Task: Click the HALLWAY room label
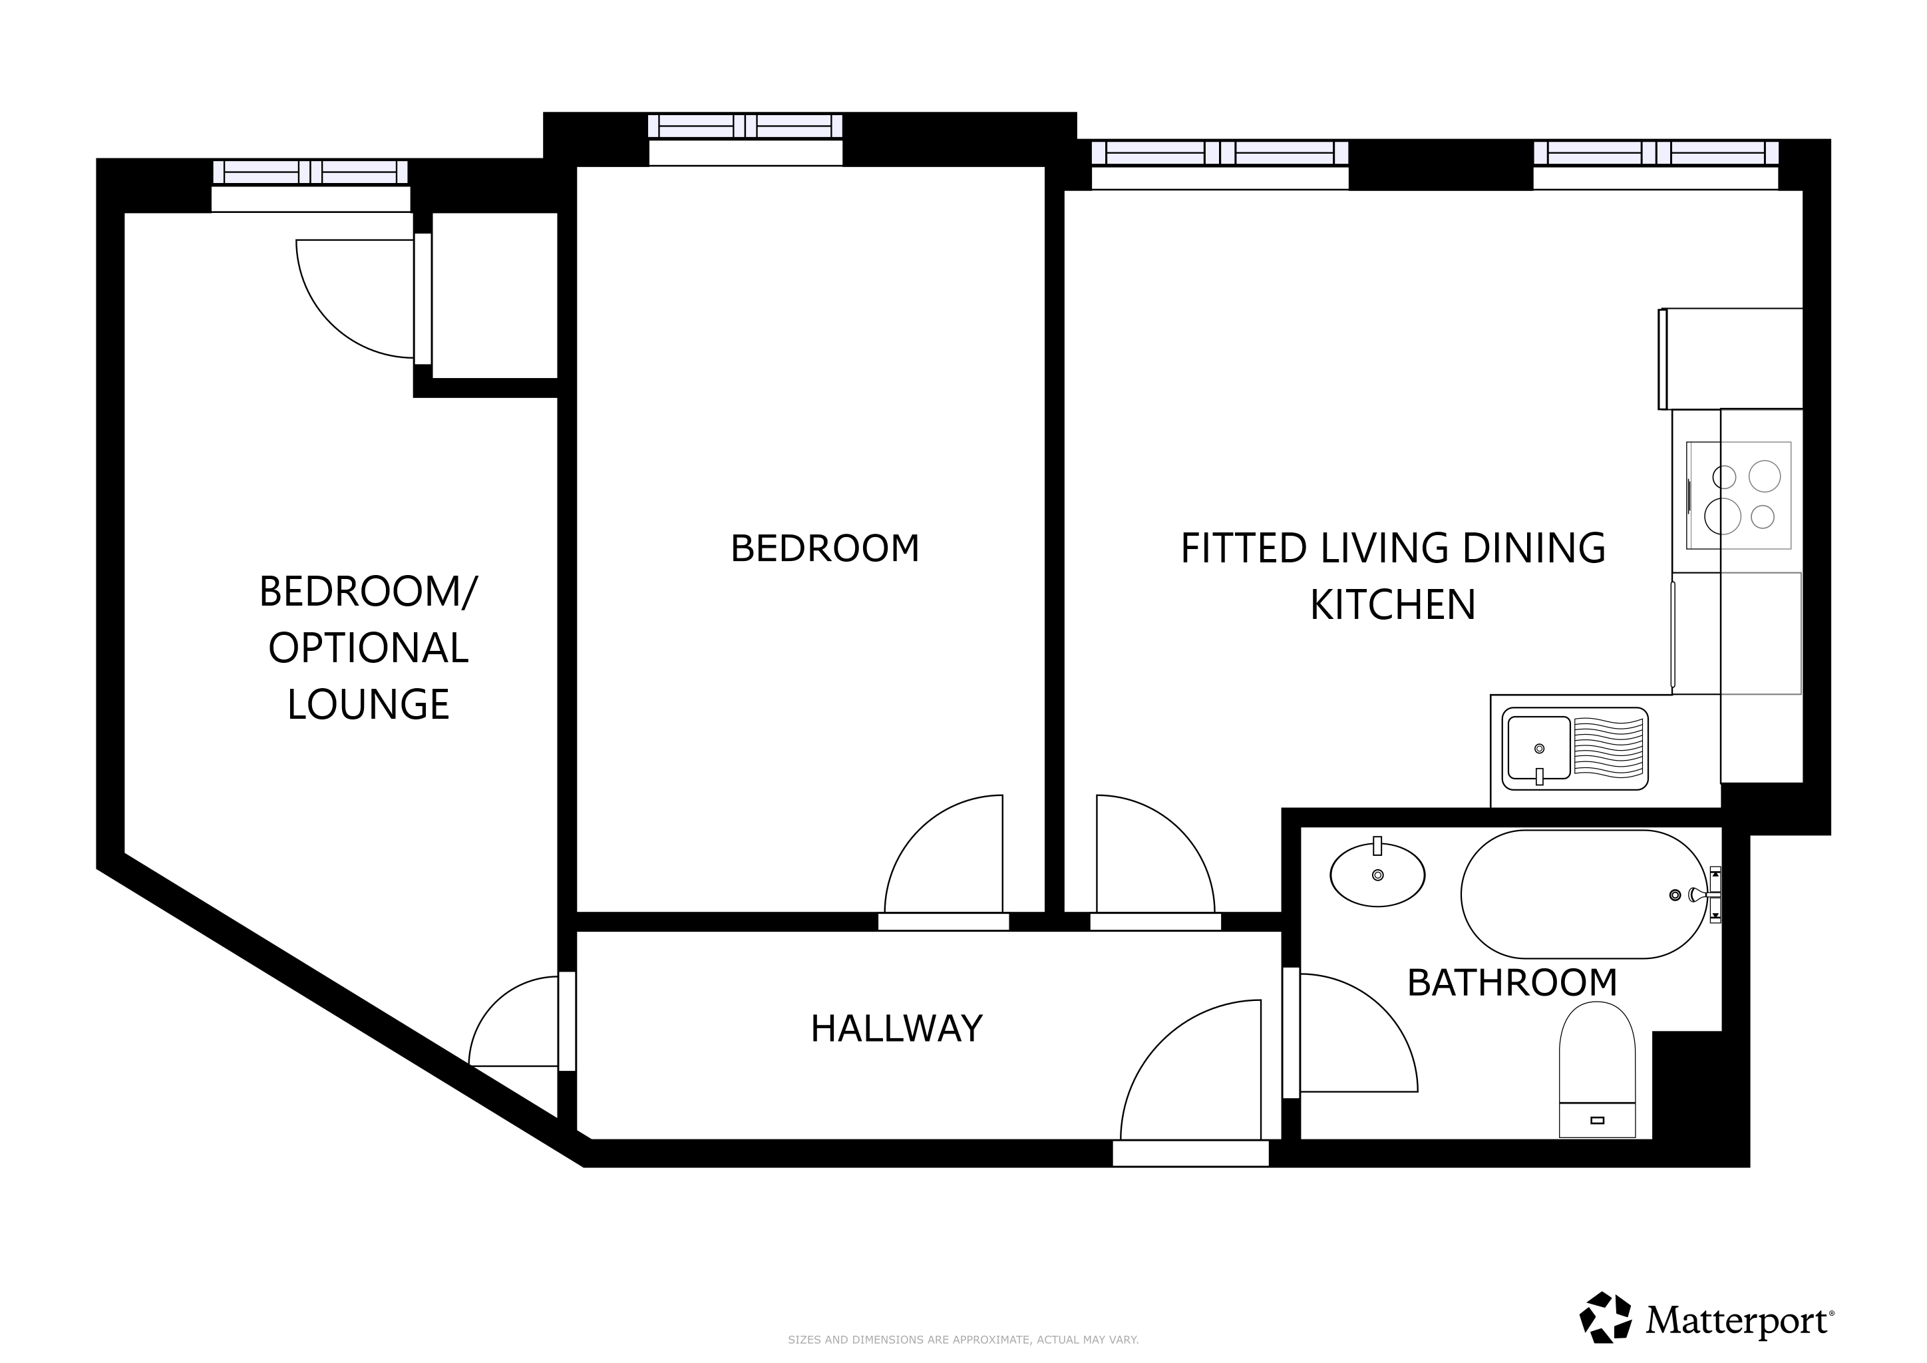[896, 1028]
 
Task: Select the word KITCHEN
[1393, 605]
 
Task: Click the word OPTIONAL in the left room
[369, 648]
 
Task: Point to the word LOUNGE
[369, 704]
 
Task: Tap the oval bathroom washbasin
[1377, 875]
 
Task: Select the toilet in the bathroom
[1597, 1070]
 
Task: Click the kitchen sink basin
[1538, 748]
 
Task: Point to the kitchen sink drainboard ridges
[1608, 747]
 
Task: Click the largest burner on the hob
[1722, 516]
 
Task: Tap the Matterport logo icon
[1606, 1317]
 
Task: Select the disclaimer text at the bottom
[963, 1340]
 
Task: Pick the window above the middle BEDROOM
[745, 126]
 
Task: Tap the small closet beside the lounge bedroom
[495, 295]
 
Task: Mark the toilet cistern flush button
[1597, 1121]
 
